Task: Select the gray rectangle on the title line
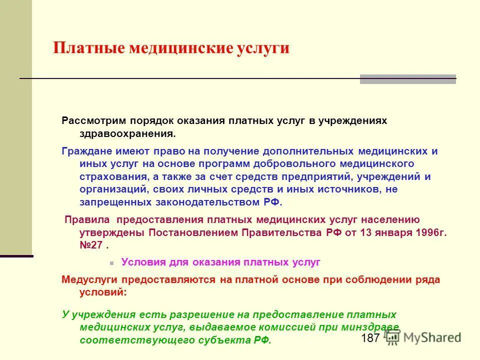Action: (407, 79)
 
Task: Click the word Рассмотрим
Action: (93, 121)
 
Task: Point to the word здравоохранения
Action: (127, 134)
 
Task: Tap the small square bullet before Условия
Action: (111, 262)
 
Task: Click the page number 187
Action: (370, 338)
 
